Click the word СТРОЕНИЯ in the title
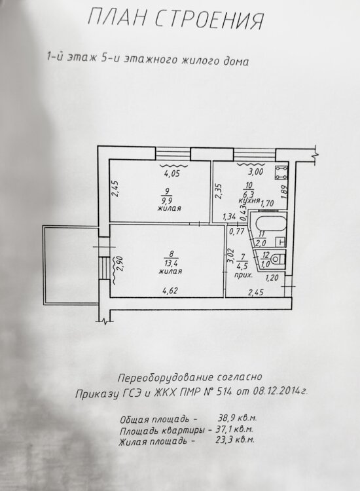209,20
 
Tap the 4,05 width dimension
172,173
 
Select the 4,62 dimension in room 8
170,291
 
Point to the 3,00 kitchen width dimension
255,172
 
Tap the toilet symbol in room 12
277,259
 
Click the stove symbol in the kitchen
281,173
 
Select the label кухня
249,201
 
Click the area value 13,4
171,263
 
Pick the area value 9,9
170,200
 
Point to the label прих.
243,276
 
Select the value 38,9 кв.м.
237,418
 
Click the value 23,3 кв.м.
235,440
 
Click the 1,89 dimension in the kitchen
283,192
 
